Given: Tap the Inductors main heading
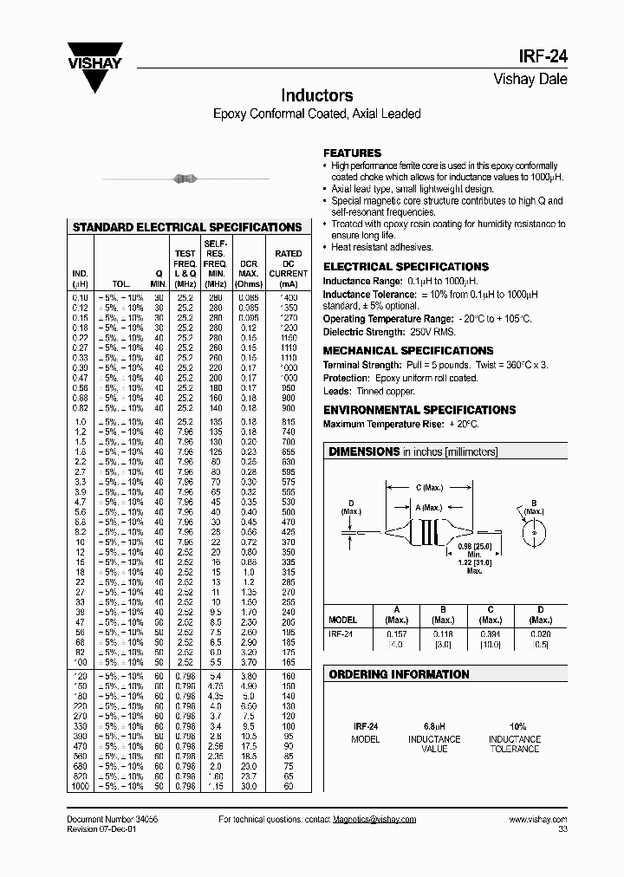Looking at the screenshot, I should point(316,95).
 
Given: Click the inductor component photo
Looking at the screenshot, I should point(184,179).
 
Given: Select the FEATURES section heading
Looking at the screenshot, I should point(352,153).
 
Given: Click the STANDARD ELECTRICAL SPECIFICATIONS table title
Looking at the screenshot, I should point(187,227).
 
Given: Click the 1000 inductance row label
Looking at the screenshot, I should point(80,785).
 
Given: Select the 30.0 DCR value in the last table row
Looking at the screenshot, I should point(249,785).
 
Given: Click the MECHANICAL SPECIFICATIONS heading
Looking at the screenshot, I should point(408,350).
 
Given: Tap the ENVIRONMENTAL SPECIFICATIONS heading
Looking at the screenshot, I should point(419,409).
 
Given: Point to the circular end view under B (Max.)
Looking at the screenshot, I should point(534,530).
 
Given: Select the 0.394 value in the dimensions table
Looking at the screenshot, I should point(491,633).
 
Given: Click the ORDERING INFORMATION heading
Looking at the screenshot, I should point(400,674).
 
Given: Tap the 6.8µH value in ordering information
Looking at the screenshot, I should point(434,726).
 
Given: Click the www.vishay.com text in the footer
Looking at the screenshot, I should point(537,820).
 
